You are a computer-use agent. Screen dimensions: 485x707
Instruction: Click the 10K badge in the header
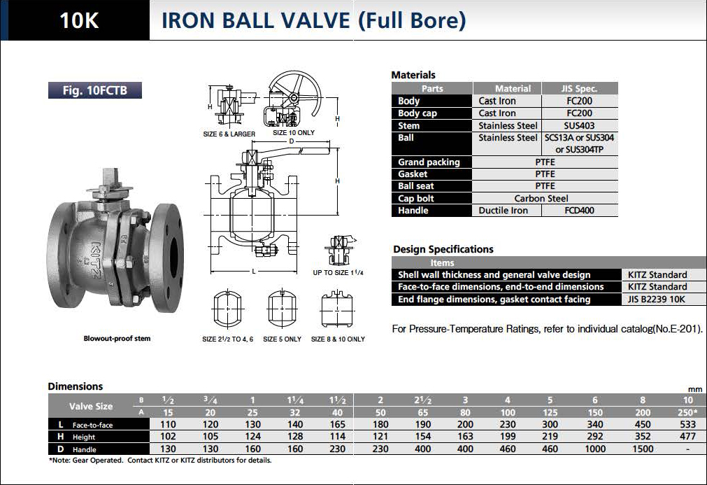(x=79, y=20)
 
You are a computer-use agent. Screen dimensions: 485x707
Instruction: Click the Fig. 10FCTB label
(x=95, y=90)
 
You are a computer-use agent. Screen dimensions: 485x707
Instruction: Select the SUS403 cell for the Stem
(x=579, y=126)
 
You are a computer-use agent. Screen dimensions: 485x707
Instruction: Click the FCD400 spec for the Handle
(x=579, y=211)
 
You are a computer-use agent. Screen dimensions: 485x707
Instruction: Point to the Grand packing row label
(x=429, y=162)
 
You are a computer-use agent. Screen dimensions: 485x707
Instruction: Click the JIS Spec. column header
(x=579, y=89)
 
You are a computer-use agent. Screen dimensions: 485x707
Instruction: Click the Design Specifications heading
(x=443, y=249)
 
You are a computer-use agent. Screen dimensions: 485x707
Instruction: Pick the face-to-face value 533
(x=688, y=424)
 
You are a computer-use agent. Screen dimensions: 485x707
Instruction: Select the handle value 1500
(x=643, y=449)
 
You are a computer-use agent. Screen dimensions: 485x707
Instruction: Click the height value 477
(x=688, y=437)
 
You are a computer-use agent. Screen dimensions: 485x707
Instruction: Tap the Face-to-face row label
(x=92, y=425)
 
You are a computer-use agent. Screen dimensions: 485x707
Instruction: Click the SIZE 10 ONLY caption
(x=294, y=133)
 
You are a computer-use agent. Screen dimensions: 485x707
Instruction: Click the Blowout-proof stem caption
(x=117, y=339)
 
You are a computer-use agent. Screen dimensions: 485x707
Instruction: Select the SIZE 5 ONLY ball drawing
(x=282, y=307)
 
